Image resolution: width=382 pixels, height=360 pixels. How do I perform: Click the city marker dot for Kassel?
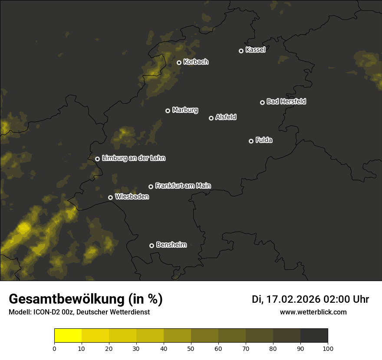(241, 51)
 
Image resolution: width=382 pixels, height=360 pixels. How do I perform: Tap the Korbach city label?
(196, 62)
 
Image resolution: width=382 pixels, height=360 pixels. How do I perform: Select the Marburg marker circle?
(168, 111)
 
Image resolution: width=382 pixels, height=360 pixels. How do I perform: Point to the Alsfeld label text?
(226, 117)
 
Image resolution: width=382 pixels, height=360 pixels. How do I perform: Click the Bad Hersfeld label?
(286, 101)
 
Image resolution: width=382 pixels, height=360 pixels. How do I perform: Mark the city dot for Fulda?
(251, 141)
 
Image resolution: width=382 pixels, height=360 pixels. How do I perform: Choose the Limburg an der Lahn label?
(133, 158)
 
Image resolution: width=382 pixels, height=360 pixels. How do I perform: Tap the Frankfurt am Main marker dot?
(151, 187)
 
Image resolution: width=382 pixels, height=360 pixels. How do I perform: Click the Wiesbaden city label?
(132, 196)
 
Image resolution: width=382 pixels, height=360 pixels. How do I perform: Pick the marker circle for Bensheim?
(151, 245)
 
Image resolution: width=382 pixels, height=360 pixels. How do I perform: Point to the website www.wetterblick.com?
(313, 312)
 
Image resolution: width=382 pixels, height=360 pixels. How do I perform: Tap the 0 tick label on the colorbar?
(54, 348)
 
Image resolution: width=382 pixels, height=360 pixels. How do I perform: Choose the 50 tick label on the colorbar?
(191, 348)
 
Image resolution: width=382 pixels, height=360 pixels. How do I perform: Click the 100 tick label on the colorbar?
(328, 348)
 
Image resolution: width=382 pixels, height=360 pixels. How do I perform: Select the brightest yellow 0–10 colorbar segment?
(68, 336)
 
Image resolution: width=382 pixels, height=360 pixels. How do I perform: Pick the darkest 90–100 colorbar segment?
(314, 336)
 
